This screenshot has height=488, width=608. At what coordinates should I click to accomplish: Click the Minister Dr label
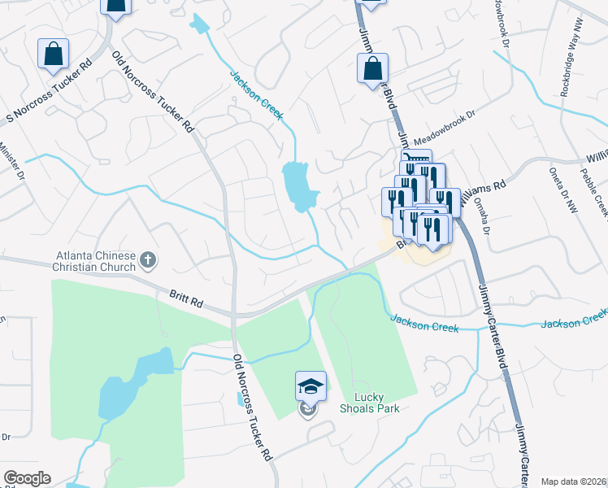11,162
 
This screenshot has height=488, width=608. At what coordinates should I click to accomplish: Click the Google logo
27,478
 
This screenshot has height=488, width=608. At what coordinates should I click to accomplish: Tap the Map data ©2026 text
574,481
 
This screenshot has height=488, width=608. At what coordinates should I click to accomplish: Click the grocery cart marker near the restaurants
415,162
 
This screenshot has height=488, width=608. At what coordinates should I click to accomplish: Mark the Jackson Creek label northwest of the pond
256,96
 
